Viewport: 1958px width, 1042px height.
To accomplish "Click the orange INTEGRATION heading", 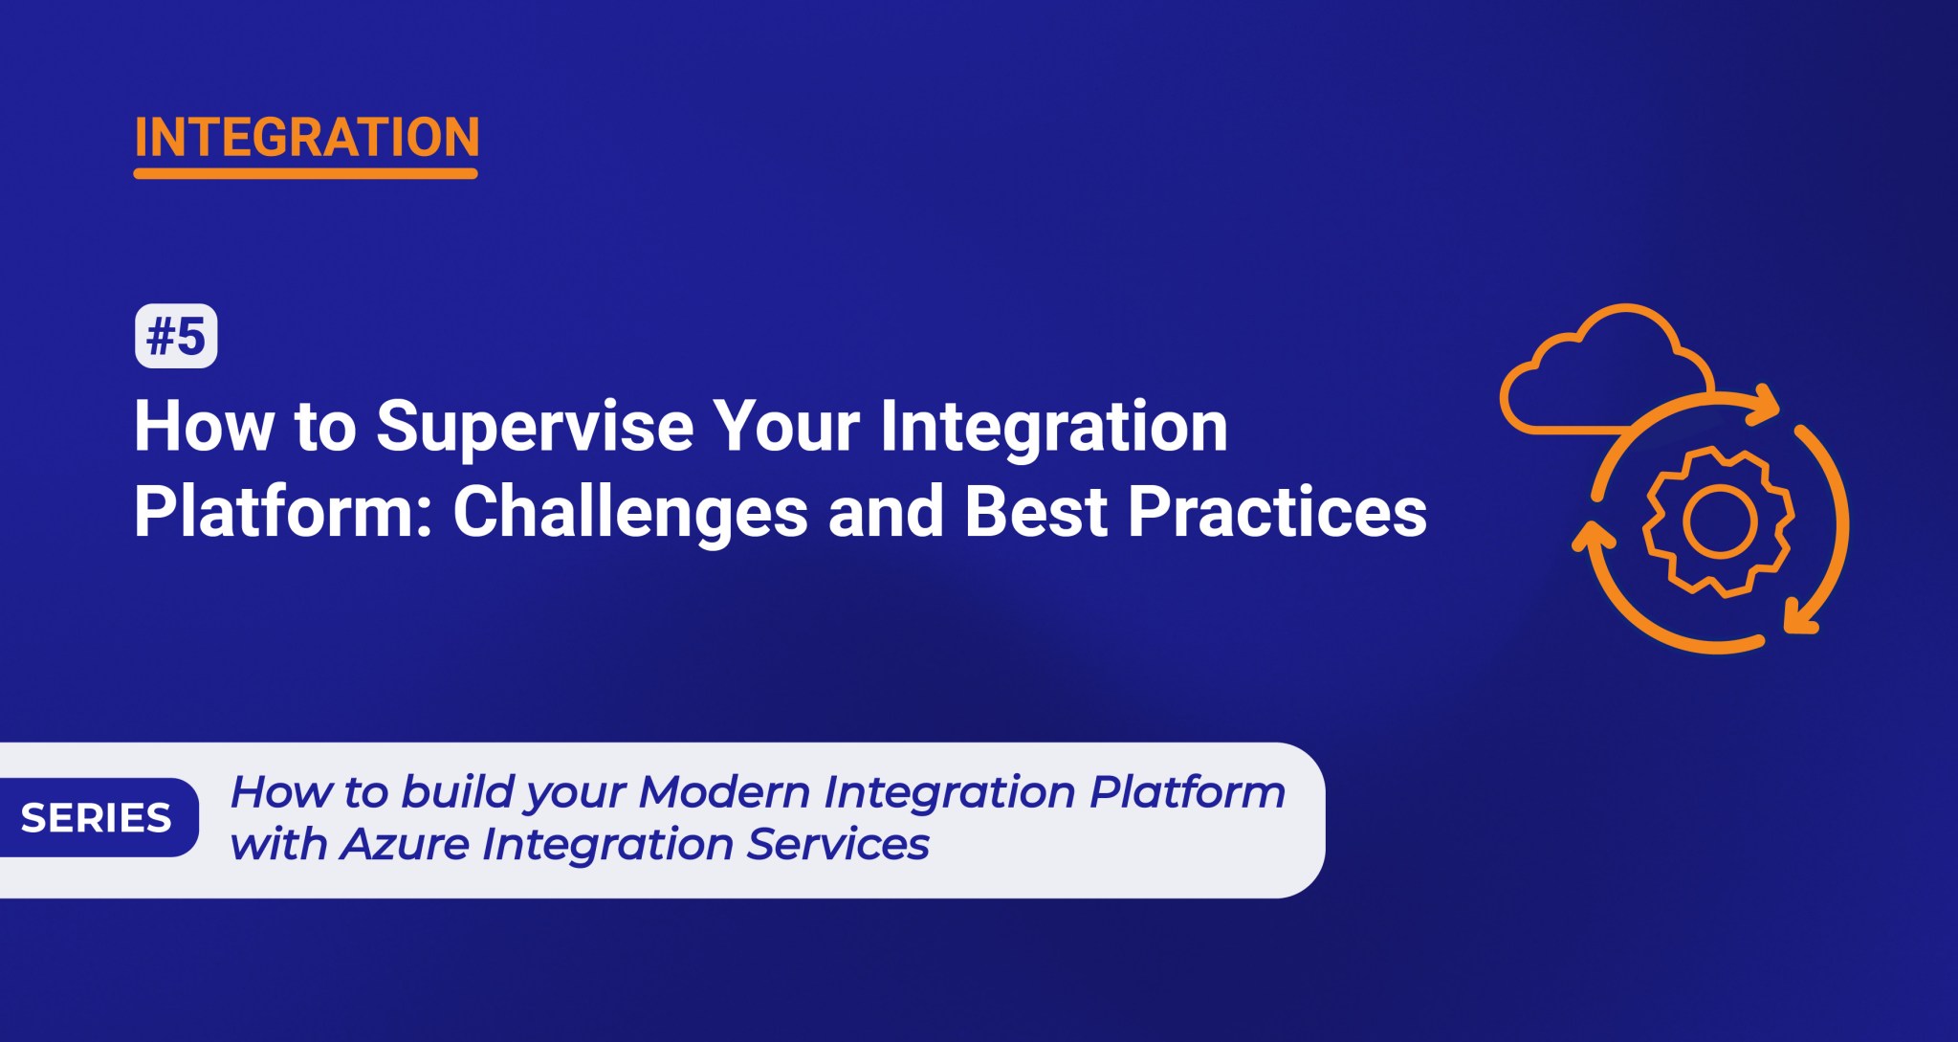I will point(306,138).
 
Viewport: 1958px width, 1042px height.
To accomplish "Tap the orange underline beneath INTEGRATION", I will point(305,173).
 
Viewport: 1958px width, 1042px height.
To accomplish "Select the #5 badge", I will point(176,336).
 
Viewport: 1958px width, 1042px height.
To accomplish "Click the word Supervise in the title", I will point(535,427).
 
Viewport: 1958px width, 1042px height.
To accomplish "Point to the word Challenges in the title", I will point(630,512).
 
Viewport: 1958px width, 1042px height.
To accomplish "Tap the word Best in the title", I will point(1036,512).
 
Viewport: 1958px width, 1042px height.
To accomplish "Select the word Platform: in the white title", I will point(284,512).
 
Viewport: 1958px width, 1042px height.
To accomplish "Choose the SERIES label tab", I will point(97,818).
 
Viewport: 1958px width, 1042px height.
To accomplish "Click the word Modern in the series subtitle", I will point(724,792).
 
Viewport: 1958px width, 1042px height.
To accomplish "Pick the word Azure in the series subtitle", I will point(405,844).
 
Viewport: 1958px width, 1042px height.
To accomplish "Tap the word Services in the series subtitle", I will point(838,844).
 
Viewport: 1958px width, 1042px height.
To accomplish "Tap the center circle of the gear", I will point(1719,521).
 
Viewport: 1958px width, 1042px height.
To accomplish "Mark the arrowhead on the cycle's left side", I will point(1592,535).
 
